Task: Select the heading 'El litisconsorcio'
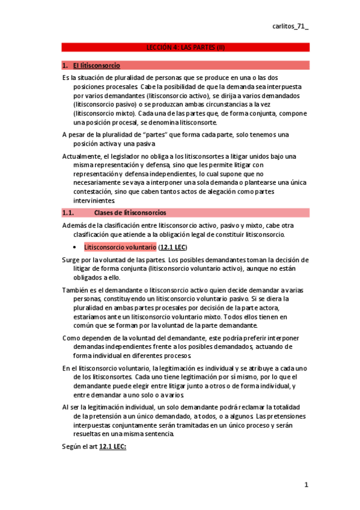(x=96, y=65)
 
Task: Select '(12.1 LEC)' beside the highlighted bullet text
(x=174, y=247)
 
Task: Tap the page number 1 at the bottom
(x=306, y=485)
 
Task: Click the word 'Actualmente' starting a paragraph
(x=82, y=156)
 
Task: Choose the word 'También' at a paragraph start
(x=76, y=290)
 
